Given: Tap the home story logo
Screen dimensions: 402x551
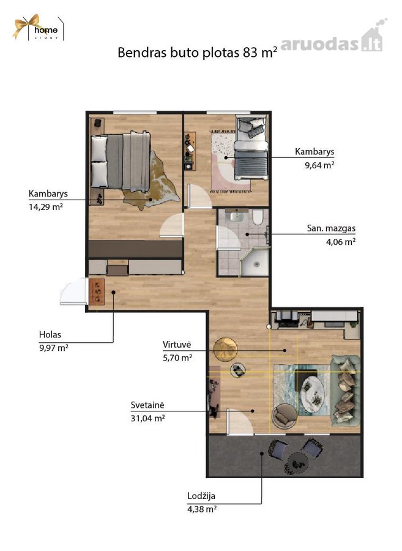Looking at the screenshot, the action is pos(39,28).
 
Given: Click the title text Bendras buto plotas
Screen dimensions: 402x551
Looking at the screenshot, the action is pos(179,53).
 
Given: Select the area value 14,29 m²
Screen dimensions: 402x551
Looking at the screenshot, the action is pos(46,207).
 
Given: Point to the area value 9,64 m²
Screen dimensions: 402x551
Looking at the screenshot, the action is pos(319,165).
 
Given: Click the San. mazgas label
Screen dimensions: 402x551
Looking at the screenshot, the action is pos(331,228).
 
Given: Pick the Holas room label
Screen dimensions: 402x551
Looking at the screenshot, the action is pos(50,334).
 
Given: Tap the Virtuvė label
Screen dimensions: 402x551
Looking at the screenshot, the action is pos(177,344).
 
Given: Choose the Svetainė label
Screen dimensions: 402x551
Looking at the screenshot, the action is pos(147,405).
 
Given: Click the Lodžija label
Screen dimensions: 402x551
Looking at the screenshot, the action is pos(201,496).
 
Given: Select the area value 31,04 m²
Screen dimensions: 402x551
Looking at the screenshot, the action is pos(148,419).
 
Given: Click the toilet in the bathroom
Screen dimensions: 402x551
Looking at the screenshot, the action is pos(258,217).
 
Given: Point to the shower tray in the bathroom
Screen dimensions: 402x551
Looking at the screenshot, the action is pos(255,263).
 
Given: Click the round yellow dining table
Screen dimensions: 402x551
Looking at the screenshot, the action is pos(225,349).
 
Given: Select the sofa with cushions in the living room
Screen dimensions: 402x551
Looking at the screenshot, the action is pos(346,391).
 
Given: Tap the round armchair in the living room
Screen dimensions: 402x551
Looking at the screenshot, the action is pos(285,416).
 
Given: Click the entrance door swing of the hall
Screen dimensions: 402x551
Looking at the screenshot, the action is pos(73,291).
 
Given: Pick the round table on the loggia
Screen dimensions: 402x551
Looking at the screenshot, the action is pos(298,462).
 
